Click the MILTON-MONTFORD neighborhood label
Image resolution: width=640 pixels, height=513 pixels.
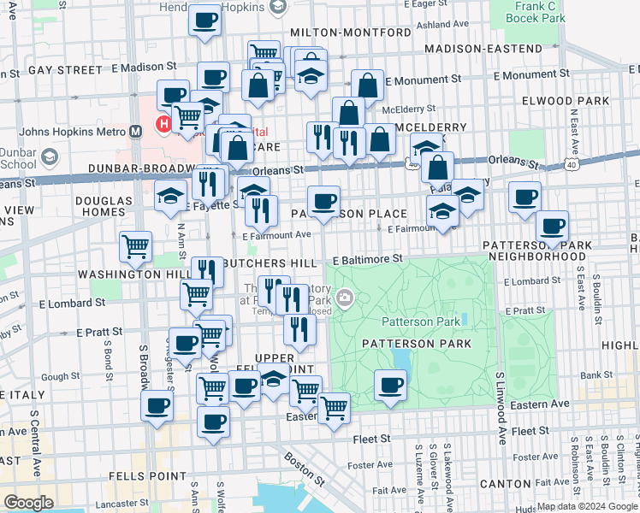pyautogui.click(x=363, y=32)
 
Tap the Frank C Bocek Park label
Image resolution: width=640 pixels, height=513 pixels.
pyautogui.click(x=536, y=11)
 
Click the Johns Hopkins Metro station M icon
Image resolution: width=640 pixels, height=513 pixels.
pyautogui.click(x=134, y=132)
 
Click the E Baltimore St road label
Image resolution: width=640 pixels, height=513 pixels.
pyautogui.click(x=367, y=258)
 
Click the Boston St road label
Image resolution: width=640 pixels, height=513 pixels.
pyautogui.click(x=305, y=470)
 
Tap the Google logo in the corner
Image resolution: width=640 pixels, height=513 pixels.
pyautogui.click(x=29, y=502)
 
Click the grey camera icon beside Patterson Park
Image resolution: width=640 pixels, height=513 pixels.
pyautogui.click(x=345, y=298)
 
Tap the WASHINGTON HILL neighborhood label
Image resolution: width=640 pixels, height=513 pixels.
pyautogui.click(x=120, y=274)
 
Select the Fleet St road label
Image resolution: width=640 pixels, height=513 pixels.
pyautogui.click(x=372, y=439)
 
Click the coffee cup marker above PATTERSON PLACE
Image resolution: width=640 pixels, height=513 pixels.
pyautogui.click(x=323, y=202)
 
